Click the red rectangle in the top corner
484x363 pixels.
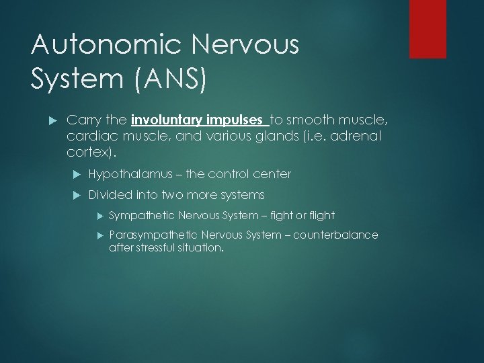428,29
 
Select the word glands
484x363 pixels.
285,136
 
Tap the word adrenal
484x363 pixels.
356,136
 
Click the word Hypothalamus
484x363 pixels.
124,174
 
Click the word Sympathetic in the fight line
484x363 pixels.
140,216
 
